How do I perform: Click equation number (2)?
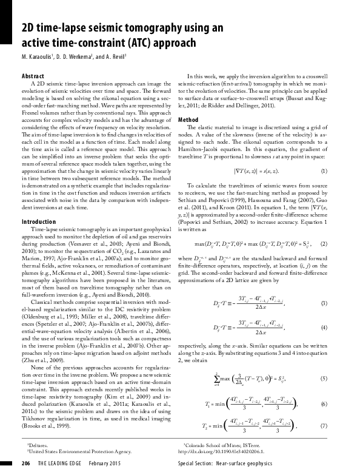pos(341,227)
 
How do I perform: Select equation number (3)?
pos(341,286)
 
